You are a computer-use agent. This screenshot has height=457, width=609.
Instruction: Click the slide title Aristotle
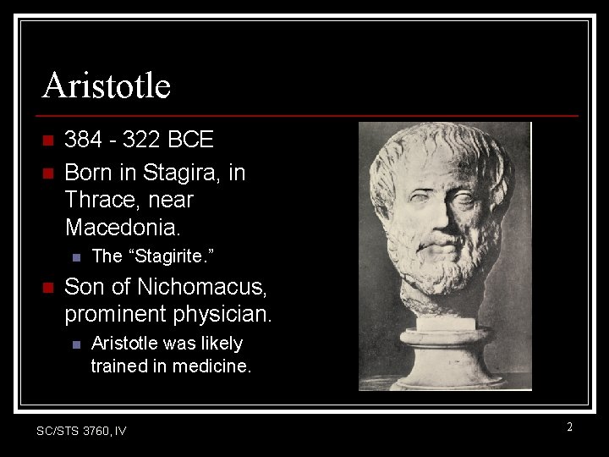tap(107, 85)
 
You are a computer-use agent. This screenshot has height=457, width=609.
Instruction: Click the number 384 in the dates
tap(82, 140)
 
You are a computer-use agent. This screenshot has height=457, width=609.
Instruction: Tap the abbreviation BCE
tap(190, 140)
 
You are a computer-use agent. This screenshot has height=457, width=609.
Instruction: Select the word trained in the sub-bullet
tap(118, 366)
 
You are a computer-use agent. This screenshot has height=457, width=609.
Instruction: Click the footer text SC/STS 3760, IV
tap(81, 431)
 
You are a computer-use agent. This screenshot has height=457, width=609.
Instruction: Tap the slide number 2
tap(569, 427)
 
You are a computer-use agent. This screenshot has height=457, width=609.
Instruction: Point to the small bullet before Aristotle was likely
tap(75, 344)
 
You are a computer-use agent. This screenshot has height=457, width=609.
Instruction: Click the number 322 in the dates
tap(140, 140)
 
